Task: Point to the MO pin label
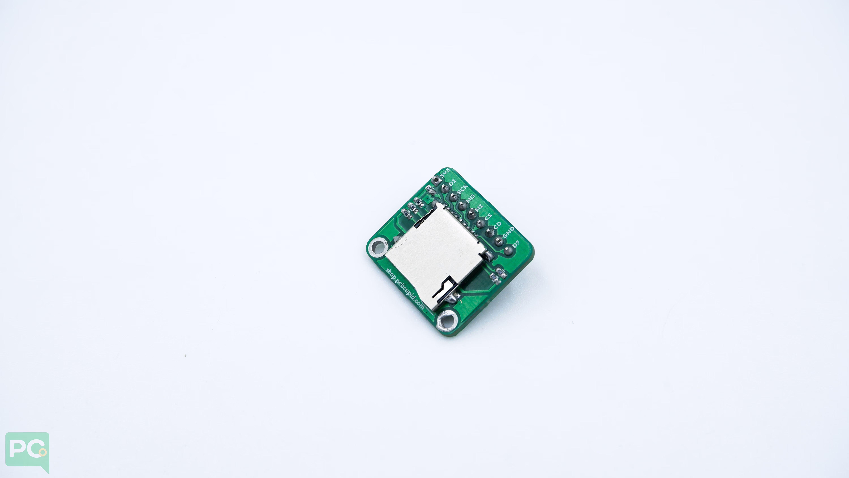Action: pyautogui.click(x=471, y=199)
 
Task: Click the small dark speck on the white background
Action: pyautogui.click(x=185, y=355)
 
